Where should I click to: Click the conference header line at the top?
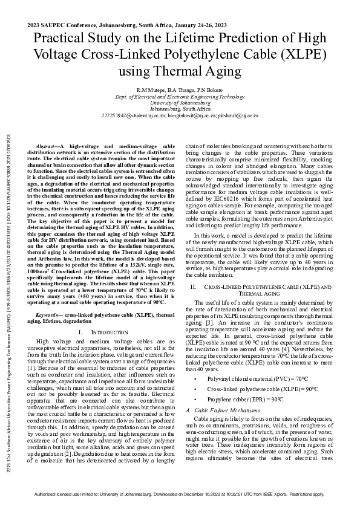tap(127, 26)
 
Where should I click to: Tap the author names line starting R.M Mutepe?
tap(180, 89)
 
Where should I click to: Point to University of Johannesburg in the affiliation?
tap(180, 102)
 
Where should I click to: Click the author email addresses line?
tap(180, 115)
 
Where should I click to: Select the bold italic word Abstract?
tap(48, 147)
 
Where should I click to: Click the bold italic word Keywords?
tap(49, 315)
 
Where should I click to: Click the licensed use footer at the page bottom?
tap(180, 494)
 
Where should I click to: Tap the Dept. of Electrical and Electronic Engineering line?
tap(180, 96)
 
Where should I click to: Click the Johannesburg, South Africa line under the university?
tap(180, 108)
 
